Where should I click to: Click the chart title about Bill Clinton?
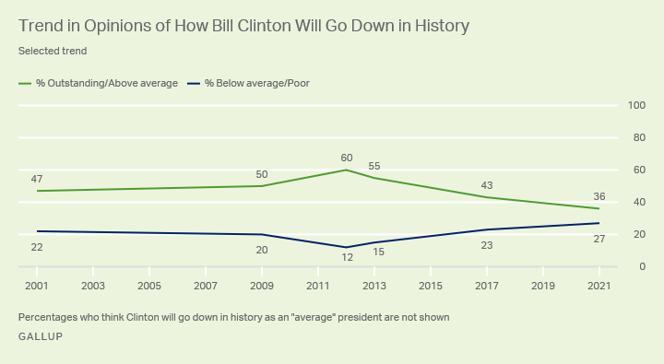243,26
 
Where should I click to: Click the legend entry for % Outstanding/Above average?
99,83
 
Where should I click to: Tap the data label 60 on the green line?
346,158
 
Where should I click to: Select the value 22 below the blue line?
37,246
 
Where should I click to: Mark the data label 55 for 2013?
374,165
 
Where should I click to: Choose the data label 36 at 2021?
599,195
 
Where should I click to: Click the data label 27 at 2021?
599,239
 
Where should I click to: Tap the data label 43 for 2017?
486,185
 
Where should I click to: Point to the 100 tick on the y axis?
635,106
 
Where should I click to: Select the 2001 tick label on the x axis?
37,285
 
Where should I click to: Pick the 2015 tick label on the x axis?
430,285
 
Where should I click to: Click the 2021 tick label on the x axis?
599,285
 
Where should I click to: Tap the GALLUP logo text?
41,336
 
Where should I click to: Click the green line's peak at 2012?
346,170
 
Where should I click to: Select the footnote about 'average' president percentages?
233,317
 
